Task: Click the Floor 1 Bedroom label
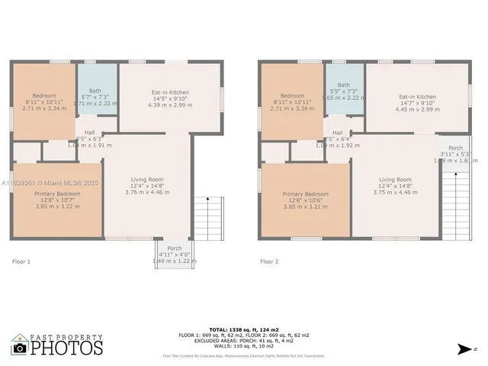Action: tap(44, 96)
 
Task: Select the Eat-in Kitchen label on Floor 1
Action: tap(169, 92)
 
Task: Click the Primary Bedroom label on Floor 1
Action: tap(56, 194)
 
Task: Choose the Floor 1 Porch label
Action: tap(174, 248)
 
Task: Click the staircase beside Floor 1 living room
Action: tap(204, 218)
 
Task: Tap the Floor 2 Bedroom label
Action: tap(292, 96)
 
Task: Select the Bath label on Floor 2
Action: tap(344, 85)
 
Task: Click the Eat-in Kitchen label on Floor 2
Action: tap(418, 97)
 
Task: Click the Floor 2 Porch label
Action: tap(455, 148)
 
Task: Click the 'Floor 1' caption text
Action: tap(21, 262)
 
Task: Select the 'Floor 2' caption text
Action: tap(268, 262)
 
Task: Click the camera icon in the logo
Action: tap(19, 348)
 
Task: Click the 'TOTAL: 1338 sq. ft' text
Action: tap(243, 329)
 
